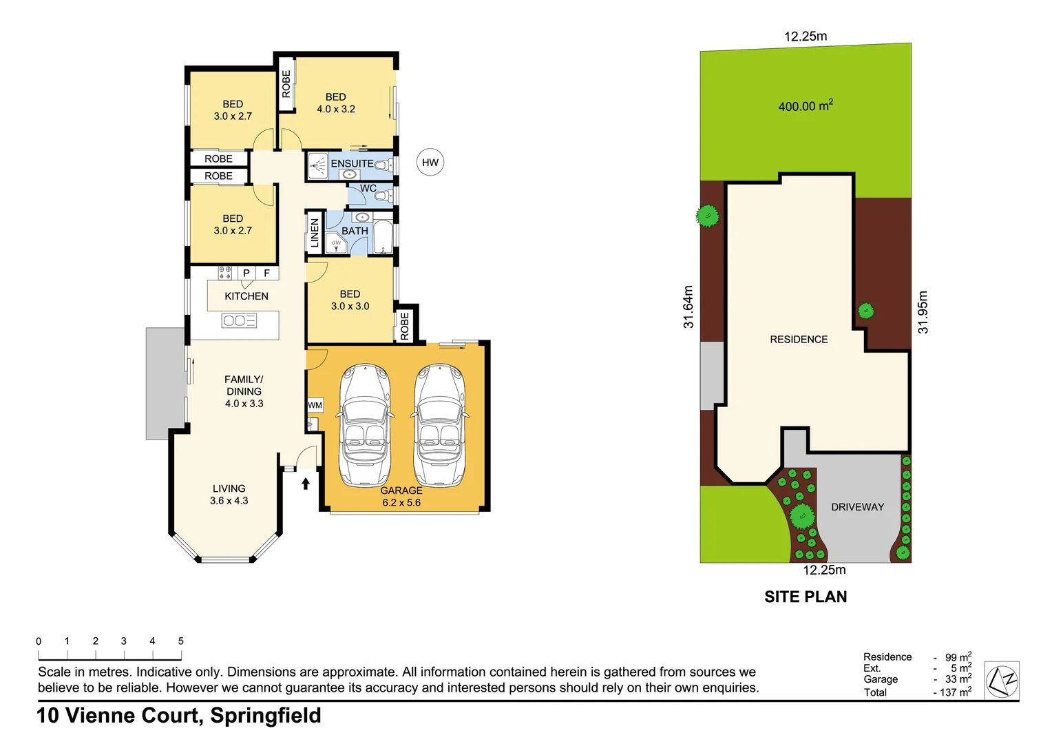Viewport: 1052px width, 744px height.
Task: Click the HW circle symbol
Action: point(430,163)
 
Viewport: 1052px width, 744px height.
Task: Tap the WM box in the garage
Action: point(315,405)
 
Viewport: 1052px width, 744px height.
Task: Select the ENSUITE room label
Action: point(352,164)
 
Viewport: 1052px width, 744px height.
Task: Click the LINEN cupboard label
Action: point(315,232)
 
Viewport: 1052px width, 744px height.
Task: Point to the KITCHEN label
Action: point(246,296)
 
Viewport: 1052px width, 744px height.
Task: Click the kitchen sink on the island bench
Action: point(239,320)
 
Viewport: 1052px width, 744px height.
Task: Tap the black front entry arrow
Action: point(306,484)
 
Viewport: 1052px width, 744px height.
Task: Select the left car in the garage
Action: point(365,425)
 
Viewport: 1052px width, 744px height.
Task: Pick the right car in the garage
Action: point(439,425)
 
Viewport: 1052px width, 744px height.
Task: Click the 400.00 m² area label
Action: point(805,106)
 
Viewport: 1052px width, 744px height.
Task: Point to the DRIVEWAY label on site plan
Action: point(857,507)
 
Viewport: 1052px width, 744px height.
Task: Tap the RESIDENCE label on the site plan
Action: point(799,340)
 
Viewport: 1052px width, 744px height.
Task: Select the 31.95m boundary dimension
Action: point(923,312)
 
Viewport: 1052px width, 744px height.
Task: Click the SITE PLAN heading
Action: point(806,597)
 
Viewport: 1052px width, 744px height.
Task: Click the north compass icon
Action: point(1002,681)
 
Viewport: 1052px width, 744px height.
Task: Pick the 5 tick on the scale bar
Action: point(181,641)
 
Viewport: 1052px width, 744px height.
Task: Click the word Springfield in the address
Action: point(266,716)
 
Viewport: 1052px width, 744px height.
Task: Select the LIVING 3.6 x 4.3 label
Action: point(229,495)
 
